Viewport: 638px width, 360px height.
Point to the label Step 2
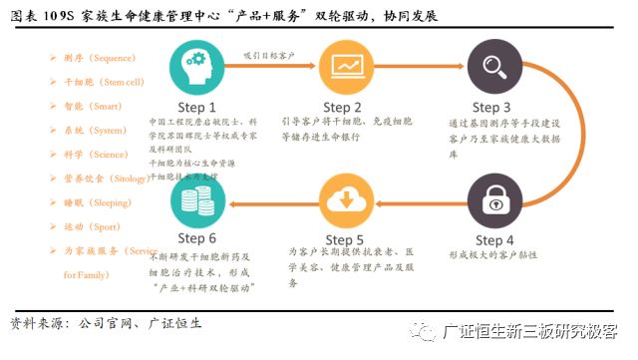(x=348, y=107)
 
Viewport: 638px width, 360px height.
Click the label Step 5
(x=348, y=240)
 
